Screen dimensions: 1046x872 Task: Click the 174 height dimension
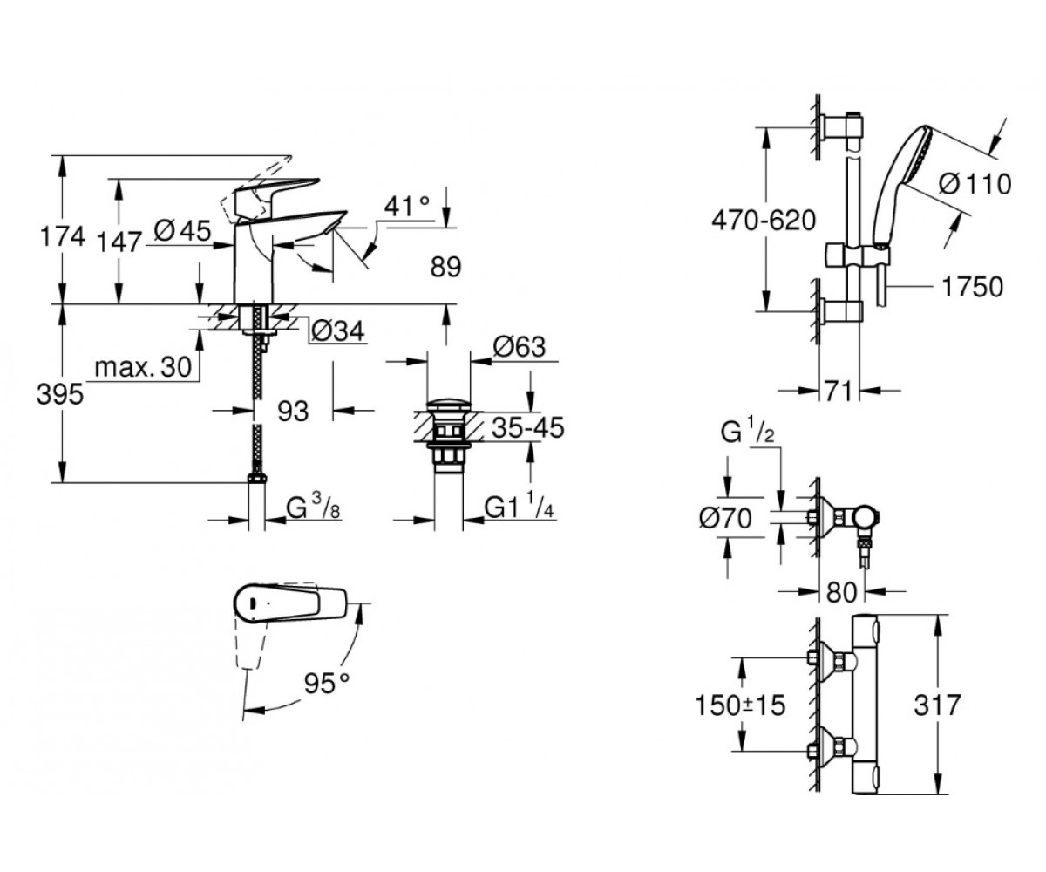[63, 236]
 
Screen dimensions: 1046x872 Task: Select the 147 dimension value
[119, 242]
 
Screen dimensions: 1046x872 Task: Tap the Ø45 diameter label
[183, 232]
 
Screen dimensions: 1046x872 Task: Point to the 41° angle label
[407, 206]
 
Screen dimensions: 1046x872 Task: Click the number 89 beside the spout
[445, 267]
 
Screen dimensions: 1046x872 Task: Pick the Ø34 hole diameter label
[337, 330]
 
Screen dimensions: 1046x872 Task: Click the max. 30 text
[143, 367]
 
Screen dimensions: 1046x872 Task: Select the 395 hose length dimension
[60, 394]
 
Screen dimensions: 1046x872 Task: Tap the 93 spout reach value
[293, 412]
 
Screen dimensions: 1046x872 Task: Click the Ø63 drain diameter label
[519, 346]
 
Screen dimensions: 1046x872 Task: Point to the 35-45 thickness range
[528, 428]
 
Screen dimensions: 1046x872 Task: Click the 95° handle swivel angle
[328, 683]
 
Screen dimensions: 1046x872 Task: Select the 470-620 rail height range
[764, 221]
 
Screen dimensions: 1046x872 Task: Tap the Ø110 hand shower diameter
[975, 184]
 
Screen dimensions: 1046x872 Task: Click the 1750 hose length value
[973, 287]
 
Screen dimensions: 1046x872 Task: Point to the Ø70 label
[725, 518]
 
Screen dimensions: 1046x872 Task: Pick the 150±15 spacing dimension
[740, 706]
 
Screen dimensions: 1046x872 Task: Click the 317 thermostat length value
[937, 705]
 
